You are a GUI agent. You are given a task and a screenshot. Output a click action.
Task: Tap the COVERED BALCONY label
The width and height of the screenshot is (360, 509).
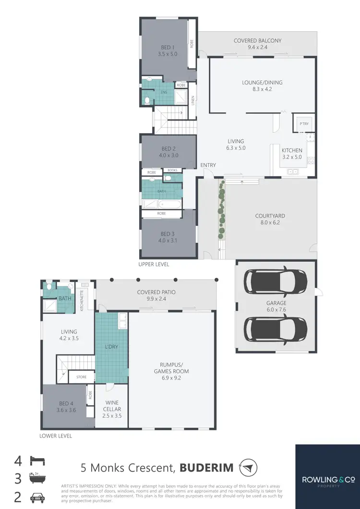point(257,41)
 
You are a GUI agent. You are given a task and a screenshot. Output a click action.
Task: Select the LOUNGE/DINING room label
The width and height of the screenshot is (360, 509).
point(262,83)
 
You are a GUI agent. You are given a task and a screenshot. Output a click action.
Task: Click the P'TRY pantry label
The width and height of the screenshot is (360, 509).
point(303,123)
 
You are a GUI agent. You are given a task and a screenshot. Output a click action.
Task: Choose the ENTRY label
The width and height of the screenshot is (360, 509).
point(208,165)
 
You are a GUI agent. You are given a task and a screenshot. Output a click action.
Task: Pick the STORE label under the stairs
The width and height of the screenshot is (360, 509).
point(81,377)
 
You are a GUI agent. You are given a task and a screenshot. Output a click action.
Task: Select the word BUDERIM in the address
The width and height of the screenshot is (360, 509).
point(207,467)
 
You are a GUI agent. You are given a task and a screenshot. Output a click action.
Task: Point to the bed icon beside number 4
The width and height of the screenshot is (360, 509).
point(37,462)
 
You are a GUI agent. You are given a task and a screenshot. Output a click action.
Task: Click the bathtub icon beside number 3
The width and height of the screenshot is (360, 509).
point(37,479)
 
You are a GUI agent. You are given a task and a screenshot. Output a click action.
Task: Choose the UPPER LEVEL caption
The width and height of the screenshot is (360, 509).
point(154,264)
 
